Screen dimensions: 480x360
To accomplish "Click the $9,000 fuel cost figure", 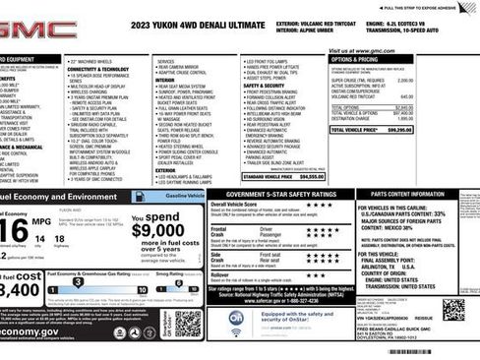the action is [156, 230].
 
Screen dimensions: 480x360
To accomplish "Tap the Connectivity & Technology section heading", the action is [99, 69].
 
